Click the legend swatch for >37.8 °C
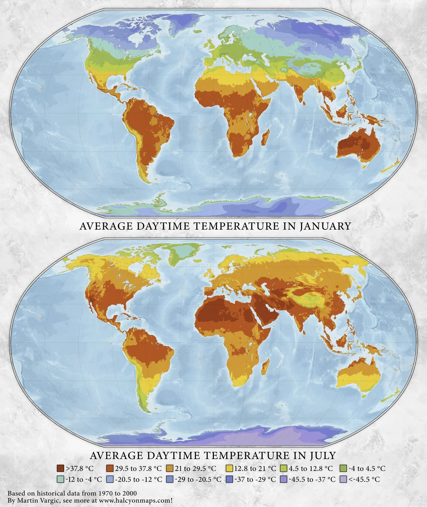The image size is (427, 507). pyautogui.click(x=60, y=469)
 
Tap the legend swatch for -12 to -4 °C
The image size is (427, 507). pyautogui.click(x=60, y=479)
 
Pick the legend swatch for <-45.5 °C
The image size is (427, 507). pyautogui.click(x=343, y=479)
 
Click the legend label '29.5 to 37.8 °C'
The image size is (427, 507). pyautogui.click(x=138, y=469)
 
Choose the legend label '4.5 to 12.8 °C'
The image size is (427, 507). pyautogui.click(x=311, y=469)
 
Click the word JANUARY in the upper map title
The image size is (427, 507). pyautogui.click(x=325, y=226)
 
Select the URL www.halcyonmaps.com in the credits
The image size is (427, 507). pyautogui.click(x=137, y=501)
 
